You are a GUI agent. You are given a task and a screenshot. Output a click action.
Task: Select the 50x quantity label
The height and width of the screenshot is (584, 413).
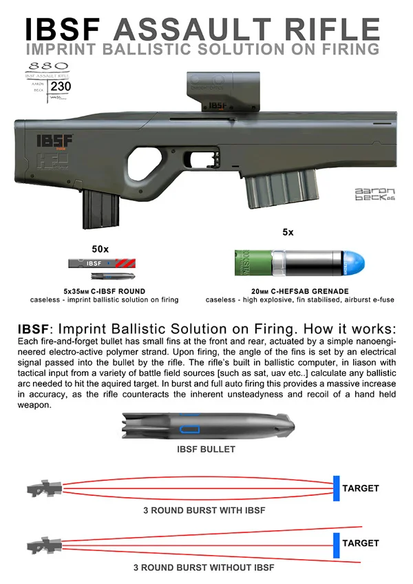[x=101, y=248]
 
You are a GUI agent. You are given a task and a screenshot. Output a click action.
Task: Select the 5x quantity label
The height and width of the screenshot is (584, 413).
[x=289, y=232]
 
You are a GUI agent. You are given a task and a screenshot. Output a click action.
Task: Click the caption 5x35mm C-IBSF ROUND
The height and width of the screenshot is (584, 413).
[x=104, y=291]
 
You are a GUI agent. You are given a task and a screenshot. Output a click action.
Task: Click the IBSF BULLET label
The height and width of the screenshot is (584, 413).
[x=206, y=449]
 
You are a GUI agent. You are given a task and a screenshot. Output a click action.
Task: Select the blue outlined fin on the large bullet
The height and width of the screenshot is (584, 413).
[x=189, y=430]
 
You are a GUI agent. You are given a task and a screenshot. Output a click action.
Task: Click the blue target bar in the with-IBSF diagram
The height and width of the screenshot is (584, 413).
[x=336, y=488]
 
